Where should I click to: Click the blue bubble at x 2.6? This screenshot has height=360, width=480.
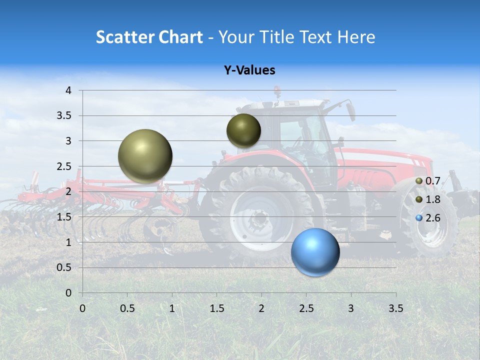315,252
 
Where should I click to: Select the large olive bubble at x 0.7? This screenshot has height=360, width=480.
145,156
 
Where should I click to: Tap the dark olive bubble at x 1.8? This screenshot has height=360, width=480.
243,130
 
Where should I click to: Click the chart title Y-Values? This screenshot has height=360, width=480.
249,70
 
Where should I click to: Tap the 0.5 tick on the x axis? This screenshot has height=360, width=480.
127,308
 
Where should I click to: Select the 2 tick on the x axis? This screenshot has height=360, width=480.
261,308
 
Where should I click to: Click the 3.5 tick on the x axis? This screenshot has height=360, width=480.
395,308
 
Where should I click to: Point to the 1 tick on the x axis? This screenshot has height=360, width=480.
172,308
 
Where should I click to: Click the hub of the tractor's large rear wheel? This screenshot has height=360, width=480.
259,218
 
